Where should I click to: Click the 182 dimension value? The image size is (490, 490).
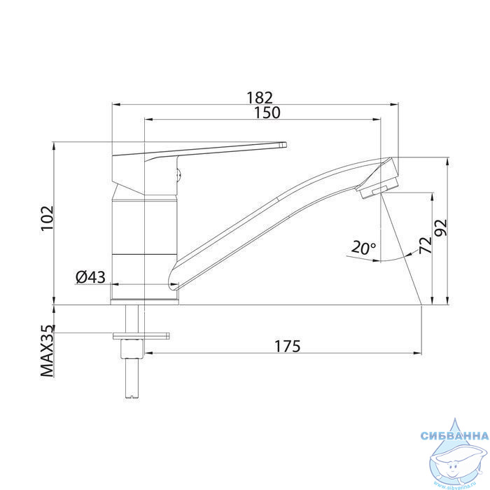coord(260,97)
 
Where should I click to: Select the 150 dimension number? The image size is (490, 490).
coord(267,113)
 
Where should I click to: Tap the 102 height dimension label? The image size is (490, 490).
coord(48,218)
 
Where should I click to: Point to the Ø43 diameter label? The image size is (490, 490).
coord(90,277)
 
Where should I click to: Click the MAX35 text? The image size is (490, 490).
coord(47,351)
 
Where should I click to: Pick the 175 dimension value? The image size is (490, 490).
coord(287,346)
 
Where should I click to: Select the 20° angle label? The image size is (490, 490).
coord(363,248)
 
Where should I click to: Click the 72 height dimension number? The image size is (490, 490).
coord(426,245)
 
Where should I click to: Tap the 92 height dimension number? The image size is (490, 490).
coord(441,227)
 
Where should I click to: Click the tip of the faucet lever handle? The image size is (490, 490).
coord(286,144)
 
